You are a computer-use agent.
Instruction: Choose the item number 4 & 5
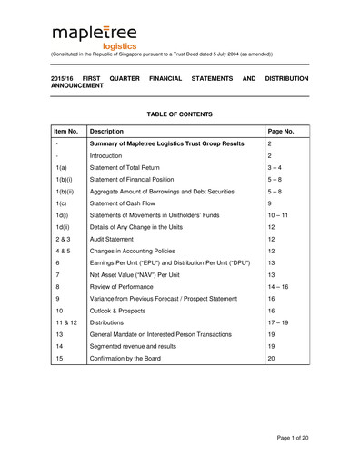click(62, 257)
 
